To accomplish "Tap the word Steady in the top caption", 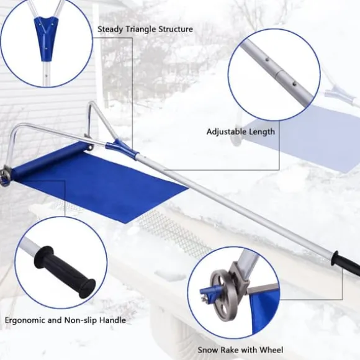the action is (110, 30).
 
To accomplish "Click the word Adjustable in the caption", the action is (227, 132).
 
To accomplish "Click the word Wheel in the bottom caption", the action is (271, 350).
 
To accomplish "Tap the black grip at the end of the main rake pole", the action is (346, 263).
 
